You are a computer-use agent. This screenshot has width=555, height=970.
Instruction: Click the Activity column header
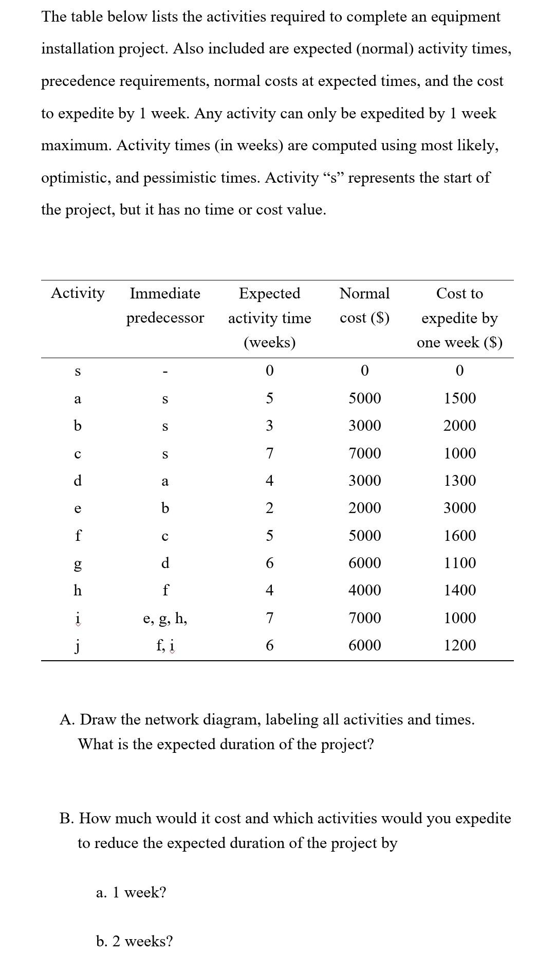point(78,293)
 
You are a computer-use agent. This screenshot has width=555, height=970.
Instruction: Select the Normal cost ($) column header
point(364,306)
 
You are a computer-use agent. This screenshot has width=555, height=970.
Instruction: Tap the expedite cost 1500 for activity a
point(460,398)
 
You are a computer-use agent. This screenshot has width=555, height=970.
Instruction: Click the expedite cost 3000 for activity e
point(460,508)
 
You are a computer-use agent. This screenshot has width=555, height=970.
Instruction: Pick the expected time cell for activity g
point(269,563)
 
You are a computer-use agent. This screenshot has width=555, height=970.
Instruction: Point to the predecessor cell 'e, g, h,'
point(165,618)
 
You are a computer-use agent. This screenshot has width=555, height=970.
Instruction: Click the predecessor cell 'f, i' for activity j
point(165,645)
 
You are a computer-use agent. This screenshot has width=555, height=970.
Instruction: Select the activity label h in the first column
point(78,590)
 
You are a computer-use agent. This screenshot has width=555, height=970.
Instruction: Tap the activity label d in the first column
point(78,481)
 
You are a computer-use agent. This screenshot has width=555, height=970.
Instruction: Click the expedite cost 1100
point(460,563)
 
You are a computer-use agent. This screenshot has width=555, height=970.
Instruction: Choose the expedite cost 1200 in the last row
point(460,645)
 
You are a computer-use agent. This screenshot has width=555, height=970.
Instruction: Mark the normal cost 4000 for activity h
point(365,590)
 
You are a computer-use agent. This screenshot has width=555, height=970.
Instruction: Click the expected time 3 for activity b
point(269,426)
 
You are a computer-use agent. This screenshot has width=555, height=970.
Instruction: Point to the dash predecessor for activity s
point(165,371)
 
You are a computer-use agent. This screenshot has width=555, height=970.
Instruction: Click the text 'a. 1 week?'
point(131,892)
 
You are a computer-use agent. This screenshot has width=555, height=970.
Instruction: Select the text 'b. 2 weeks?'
point(134,941)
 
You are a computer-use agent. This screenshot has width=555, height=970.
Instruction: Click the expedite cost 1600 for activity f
point(460,536)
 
